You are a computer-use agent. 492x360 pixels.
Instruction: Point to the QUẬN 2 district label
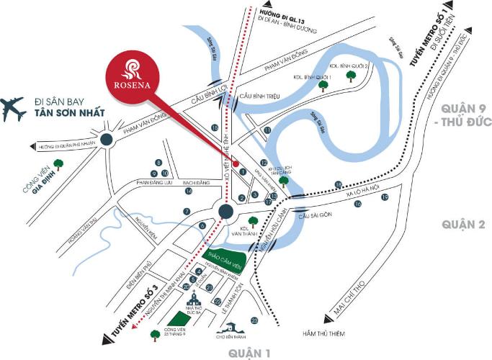pyautogui.click(x=462, y=224)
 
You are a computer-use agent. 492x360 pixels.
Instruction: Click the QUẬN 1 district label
pyautogui.click(x=249, y=353)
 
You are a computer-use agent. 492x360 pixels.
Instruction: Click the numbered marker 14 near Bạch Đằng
pyautogui.click(x=189, y=191)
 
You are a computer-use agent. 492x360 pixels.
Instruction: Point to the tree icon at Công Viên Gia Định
pyautogui.click(x=57, y=163)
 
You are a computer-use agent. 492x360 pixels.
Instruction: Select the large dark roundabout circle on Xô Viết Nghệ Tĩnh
pyautogui.click(x=225, y=211)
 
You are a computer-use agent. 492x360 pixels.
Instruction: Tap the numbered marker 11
pyautogui.click(x=267, y=130)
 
